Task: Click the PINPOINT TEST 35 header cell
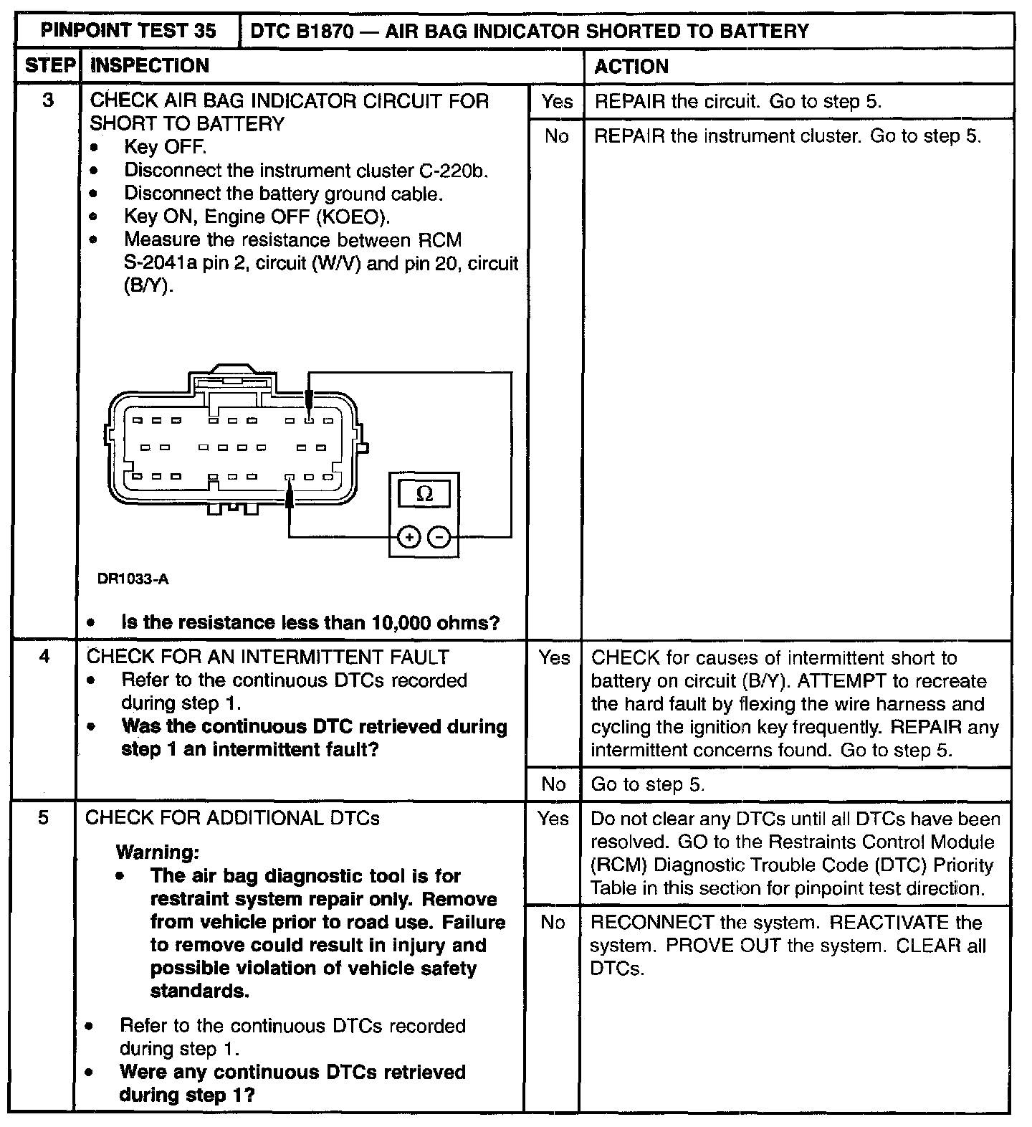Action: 128,30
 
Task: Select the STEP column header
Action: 49,66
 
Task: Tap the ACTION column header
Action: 631,66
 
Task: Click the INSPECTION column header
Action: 150,66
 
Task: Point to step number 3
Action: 47,100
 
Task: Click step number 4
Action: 44,656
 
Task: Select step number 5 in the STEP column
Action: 43,817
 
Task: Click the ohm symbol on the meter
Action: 424,493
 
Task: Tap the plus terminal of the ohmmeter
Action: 408,537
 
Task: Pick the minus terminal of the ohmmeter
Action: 439,537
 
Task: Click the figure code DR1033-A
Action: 133,579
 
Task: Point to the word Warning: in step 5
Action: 157,852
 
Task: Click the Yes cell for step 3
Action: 556,101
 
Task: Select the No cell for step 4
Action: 553,784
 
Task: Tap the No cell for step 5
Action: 553,922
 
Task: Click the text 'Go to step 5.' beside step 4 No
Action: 647,784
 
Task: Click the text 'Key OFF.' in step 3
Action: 165,147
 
